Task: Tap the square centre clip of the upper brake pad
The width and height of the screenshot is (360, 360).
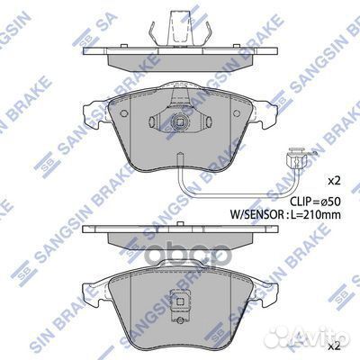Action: [x=178, y=125]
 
